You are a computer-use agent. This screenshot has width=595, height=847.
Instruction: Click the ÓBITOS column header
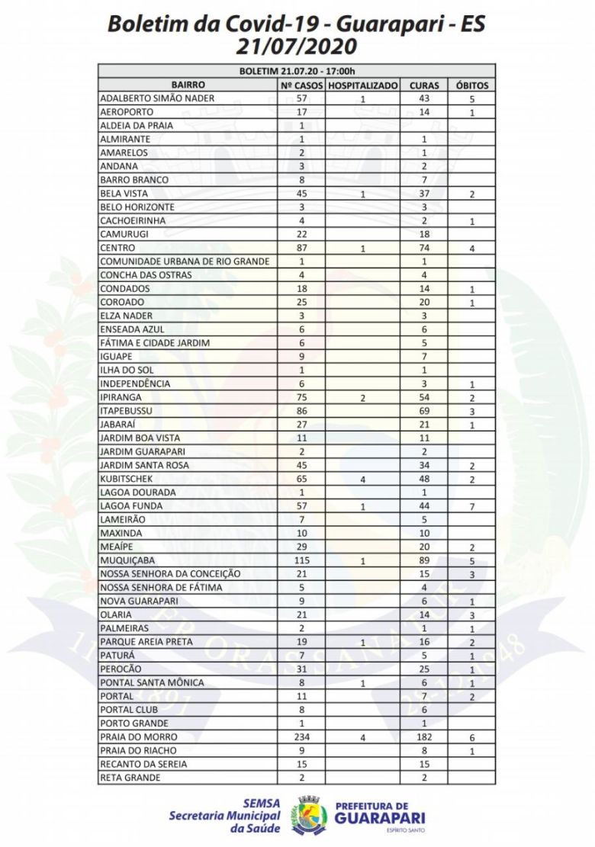click(x=472, y=85)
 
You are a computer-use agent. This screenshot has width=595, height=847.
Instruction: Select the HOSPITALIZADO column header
click(x=363, y=85)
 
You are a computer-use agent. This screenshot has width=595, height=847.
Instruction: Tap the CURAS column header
click(x=424, y=85)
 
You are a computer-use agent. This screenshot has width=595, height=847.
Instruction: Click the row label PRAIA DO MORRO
click(x=139, y=737)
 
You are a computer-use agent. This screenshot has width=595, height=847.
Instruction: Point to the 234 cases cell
click(x=301, y=737)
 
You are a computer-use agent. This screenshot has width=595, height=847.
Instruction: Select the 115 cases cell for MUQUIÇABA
click(x=301, y=560)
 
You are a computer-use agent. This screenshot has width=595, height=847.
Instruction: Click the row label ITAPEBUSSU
click(x=127, y=411)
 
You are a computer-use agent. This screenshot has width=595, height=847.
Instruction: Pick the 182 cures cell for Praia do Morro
click(x=424, y=737)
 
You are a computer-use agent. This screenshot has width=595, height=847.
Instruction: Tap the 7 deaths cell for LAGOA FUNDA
click(x=472, y=507)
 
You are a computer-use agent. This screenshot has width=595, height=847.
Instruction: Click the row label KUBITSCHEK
click(x=127, y=479)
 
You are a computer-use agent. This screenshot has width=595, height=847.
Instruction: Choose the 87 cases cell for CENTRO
click(x=301, y=249)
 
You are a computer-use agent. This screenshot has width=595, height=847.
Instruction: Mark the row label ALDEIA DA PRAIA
click(x=133, y=126)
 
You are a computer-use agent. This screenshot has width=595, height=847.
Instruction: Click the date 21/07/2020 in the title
click(x=297, y=47)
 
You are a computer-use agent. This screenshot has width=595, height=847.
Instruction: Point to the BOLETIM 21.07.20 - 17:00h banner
click(x=297, y=72)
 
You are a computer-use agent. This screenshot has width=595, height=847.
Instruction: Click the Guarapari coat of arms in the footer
click(x=309, y=814)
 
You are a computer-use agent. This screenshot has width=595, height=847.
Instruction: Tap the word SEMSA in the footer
click(x=261, y=803)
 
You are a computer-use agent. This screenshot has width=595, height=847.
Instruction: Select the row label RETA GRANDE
click(x=130, y=778)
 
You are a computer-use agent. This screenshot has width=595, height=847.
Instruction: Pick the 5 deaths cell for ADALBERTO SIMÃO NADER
click(x=472, y=99)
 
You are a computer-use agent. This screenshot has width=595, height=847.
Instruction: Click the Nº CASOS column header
click(x=301, y=85)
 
